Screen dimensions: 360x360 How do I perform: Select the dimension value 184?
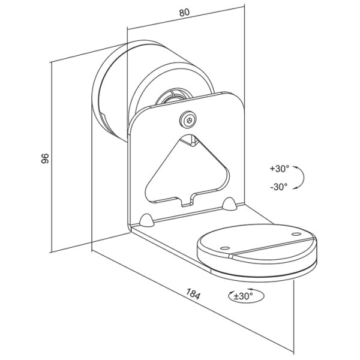(193, 295)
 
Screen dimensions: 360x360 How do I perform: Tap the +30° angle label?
(279, 169)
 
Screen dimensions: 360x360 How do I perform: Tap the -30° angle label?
(278, 186)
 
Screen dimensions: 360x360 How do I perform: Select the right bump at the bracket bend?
(229, 205)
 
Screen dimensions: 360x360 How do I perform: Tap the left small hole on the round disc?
(224, 247)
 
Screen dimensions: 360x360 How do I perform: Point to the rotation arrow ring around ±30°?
(232, 295)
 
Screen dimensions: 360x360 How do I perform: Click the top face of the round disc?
(258, 240)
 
